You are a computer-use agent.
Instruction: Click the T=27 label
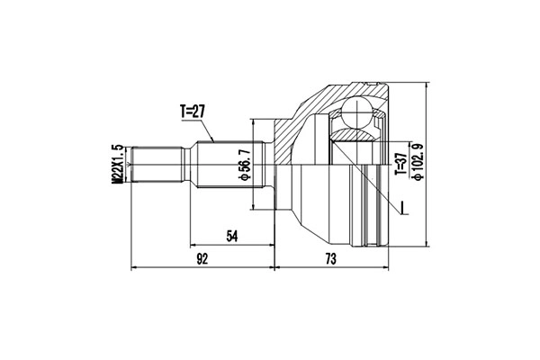193,112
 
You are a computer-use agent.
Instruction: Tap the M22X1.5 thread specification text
116,164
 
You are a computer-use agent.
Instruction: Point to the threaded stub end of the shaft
158,164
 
